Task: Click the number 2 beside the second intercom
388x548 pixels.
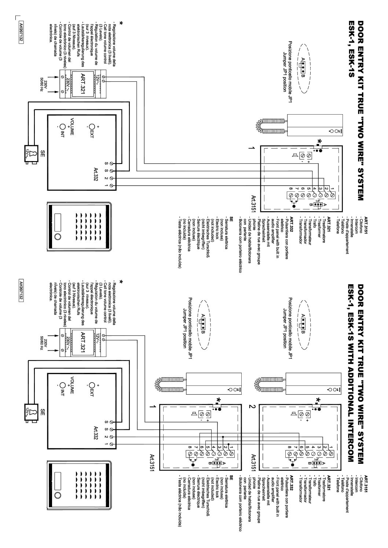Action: (x=252, y=406)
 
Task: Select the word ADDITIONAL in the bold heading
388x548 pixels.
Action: (x=352, y=381)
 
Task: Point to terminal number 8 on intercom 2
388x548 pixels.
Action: (x=290, y=447)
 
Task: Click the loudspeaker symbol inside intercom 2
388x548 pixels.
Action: (x=294, y=414)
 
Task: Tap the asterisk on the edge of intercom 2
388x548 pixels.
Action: (x=318, y=399)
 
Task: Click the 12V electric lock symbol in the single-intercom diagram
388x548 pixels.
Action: (x=30, y=154)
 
